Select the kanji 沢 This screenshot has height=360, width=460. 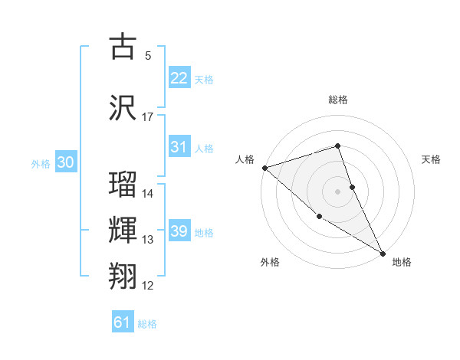click(x=123, y=107)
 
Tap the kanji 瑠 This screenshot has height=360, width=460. click(x=123, y=185)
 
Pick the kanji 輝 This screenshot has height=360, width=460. click(x=123, y=231)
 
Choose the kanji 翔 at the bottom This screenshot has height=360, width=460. click(x=123, y=277)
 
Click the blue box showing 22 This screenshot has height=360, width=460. click(x=179, y=78)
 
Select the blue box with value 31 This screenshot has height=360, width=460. click(x=179, y=147)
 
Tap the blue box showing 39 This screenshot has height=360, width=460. click(x=179, y=231)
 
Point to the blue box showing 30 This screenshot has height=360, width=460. click(x=65, y=162)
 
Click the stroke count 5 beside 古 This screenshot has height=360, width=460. click(x=148, y=56)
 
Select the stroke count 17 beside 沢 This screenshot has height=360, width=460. click(x=148, y=117)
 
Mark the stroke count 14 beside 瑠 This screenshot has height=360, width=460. click(x=148, y=194)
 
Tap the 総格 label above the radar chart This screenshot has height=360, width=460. click(x=338, y=100)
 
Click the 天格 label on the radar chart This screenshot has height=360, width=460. click(x=432, y=159)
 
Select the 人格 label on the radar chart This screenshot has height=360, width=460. click(x=245, y=159)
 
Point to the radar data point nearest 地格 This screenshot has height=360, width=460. click(x=383, y=254)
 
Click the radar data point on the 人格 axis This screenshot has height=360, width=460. click(x=264, y=168)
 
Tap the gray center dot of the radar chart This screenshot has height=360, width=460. click(x=338, y=191)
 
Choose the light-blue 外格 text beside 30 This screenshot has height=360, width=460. click(x=40, y=163)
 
